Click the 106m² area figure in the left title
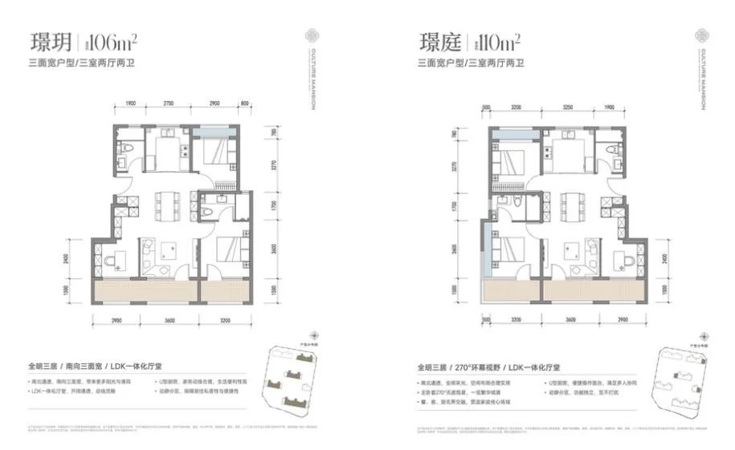100,41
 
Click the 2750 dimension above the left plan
169,105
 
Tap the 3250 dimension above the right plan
567,105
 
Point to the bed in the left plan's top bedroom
217,154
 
